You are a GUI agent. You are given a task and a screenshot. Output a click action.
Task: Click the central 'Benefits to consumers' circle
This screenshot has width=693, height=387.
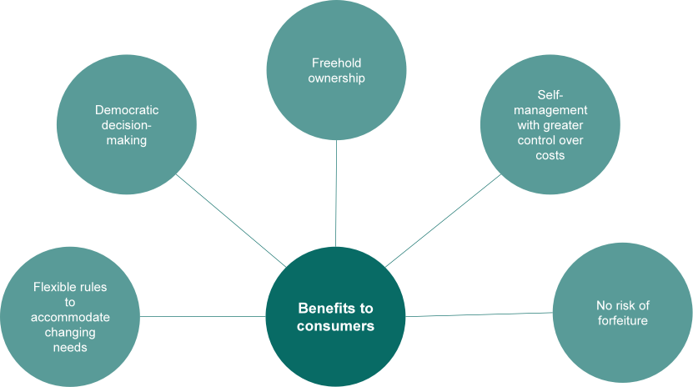click(336, 315)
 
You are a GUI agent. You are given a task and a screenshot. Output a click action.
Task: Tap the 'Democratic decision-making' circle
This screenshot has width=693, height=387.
click(126, 125)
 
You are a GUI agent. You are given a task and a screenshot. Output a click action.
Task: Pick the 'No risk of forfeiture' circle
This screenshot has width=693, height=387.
click(621, 313)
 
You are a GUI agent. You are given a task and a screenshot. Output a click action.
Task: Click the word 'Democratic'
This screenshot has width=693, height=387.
click(127, 109)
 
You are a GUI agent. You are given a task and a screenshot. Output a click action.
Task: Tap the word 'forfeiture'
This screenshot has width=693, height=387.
click(622, 320)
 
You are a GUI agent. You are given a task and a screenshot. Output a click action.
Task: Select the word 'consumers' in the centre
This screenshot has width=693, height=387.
click(336, 325)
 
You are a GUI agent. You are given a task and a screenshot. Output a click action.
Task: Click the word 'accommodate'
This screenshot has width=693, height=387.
click(70, 317)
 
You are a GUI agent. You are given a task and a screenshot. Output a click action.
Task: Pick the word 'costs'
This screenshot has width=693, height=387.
click(550, 155)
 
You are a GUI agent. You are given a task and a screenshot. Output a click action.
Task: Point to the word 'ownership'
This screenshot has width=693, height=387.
click(336, 78)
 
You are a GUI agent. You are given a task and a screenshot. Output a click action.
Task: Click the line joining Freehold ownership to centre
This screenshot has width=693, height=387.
click(336, 192)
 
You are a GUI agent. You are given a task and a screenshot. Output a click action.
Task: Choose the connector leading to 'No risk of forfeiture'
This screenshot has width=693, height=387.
click(480, 314)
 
